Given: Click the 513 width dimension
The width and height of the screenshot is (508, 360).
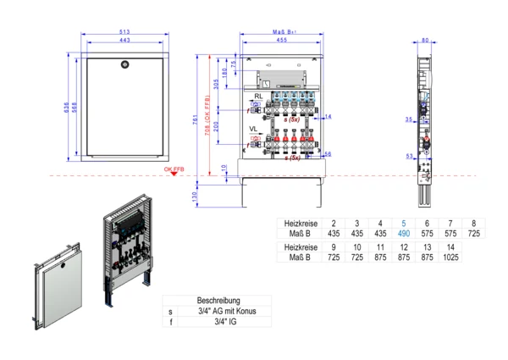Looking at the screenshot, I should pos(124,33).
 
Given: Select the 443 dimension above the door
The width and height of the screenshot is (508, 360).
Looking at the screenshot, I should pos(124,42).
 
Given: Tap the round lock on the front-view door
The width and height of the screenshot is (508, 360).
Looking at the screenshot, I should pos(124,63).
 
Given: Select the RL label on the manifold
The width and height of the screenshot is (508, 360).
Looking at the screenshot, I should pos(257,96).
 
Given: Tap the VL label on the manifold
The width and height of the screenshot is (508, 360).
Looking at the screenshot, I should pos(254,129).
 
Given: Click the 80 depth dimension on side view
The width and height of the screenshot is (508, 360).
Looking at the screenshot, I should pos(424,40).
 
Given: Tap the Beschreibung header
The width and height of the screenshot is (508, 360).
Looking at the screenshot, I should pos(218,300).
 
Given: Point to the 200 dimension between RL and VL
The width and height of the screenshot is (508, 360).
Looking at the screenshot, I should pos(216,127).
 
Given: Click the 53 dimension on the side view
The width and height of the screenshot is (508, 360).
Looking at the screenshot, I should pos(409,156).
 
